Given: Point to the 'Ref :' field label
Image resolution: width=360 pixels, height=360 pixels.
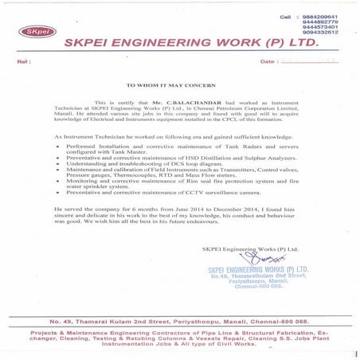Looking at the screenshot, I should tap(23, 61).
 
